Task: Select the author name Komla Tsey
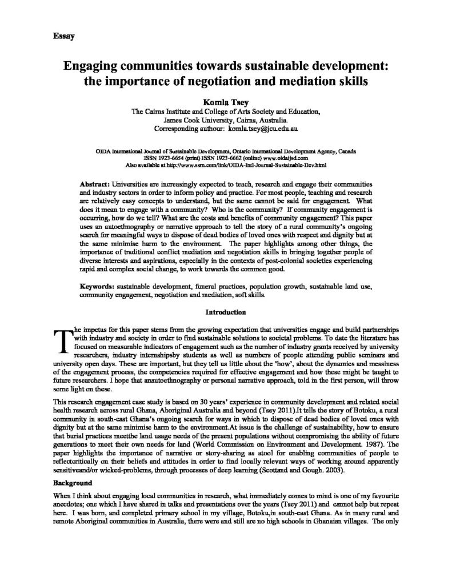226,101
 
